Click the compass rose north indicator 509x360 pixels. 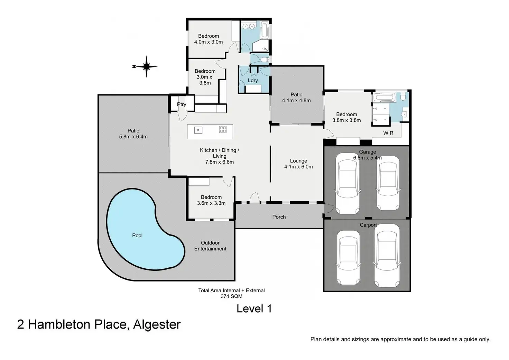pyautogui.click(x=146, y=67)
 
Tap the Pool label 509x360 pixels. pyautogui.click(x=137, y=236)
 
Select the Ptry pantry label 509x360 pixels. pyautogui.click(x=182, y=104)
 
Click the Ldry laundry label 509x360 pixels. pyautogui.click(x=253, y=81)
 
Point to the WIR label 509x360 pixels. pyautogui.click(x=388, y=133)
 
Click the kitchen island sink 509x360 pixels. pyautogui.click(x=198, y=130)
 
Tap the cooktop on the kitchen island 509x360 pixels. pyautogui.click(x=223, y=129)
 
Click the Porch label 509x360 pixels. pyautogui.click(x=279, y=217)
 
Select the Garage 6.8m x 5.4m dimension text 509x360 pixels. pyautogui.click(x=368, y=157)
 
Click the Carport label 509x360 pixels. pyautogui.click(x=368, y=225)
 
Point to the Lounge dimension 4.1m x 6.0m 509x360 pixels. pyautogui.click(x=298, y=167)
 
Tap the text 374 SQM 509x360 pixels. pyautogui.click(x=231, y=296)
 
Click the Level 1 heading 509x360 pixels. pyautogui.click(x=254, y=308)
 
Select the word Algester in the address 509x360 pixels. pyautogui.click(x=157, y=324)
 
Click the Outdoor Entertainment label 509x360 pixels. pyautogui.click(x=210, y=246)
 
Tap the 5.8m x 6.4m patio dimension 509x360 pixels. pyautogui.click(x=133, y=137)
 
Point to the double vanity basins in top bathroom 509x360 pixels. pyautogui.click(x=249, y=27)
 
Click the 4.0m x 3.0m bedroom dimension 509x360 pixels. pyautogui.click(x=209, y=42)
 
